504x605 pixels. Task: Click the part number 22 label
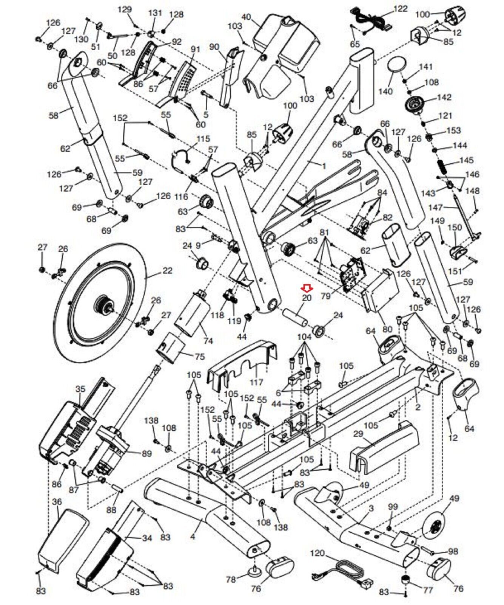pos(167,271)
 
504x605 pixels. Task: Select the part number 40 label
pos(246,17)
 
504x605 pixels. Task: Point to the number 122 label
pos(401,8)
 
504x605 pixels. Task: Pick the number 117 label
pos(256,382)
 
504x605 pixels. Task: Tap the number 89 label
pos(146,453)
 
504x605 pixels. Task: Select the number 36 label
pos(57,502)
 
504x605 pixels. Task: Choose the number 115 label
pos(203,139)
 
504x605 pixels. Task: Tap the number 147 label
pos(435,208)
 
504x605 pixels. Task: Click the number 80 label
pos(387,329)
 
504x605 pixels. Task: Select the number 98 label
pos(452,552)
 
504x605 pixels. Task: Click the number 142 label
pos(444,97)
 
